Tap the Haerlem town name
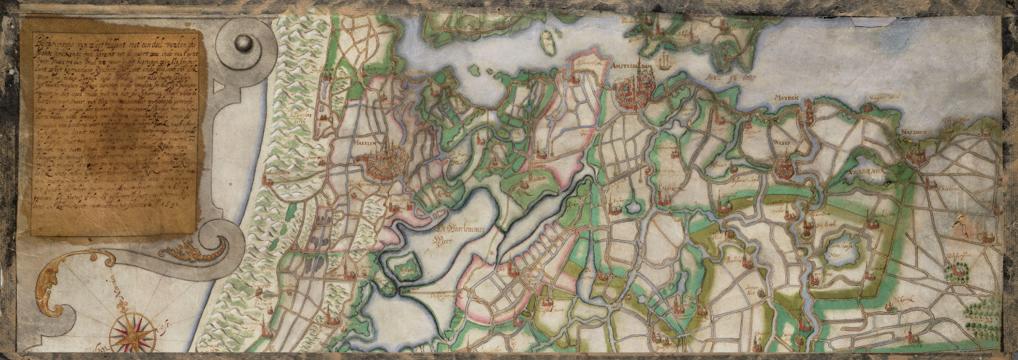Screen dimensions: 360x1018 370,143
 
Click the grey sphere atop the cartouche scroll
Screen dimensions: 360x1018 244,44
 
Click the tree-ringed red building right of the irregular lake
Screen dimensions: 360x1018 958,273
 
